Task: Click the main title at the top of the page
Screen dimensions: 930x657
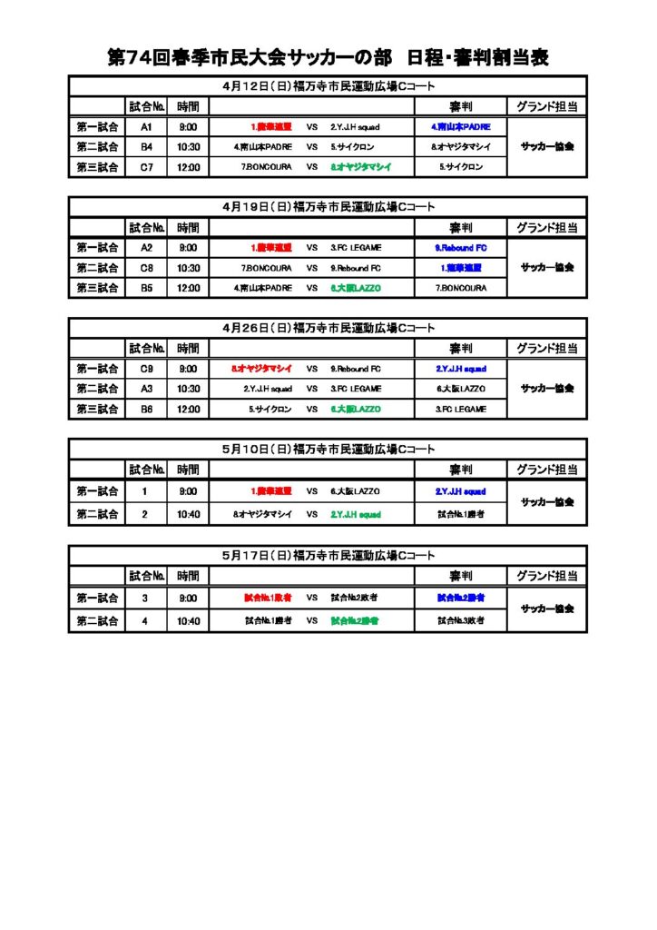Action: [x=328, y=58]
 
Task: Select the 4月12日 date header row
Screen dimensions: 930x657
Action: [x=328, y=86]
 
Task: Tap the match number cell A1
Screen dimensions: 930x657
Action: [x=146, y=127]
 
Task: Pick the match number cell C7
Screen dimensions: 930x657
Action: [x=146, y=167]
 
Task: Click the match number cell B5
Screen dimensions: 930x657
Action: [x=146, y=288]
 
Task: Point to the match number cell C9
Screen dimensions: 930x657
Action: [x=146, y=369]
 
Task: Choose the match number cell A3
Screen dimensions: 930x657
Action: [x=146, y=389]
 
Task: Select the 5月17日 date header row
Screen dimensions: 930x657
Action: [x=328, y=554]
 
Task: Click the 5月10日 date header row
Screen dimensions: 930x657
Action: [x=328, y=449]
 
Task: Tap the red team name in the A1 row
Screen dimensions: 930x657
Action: [x=270, y=127]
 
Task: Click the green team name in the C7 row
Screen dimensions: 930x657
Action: [x=360, y=167]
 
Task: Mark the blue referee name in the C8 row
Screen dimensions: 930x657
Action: [x=460, y=268]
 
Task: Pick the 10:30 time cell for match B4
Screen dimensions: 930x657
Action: [x=188, y=147]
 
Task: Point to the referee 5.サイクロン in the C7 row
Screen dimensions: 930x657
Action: [x=460, y=167]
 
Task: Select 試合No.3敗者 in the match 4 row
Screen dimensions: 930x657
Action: [x=460, y=620]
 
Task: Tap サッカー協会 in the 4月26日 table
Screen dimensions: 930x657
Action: [x=546, y=389]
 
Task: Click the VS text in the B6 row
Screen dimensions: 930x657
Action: [x=311, y=409]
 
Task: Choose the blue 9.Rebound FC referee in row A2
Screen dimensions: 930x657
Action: [x=460, y=248]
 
